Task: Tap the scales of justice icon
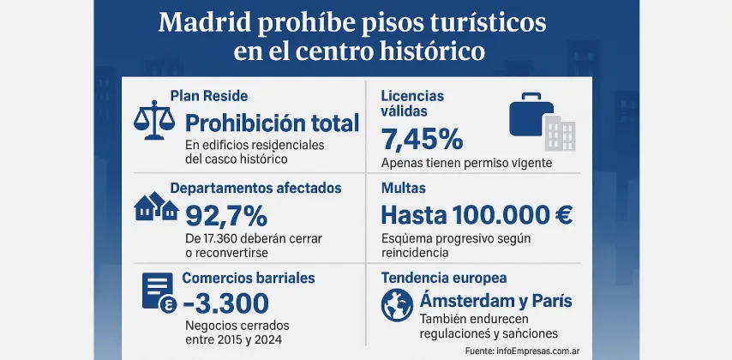click(153, 122)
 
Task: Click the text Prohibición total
click(273, 123)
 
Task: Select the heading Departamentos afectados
click(255, 188)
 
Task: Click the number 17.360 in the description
click(226, 237)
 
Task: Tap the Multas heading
click(404, 188)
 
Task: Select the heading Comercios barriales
click(249, 278)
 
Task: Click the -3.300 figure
click(226, 303)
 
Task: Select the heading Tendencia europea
click(443, 278)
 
